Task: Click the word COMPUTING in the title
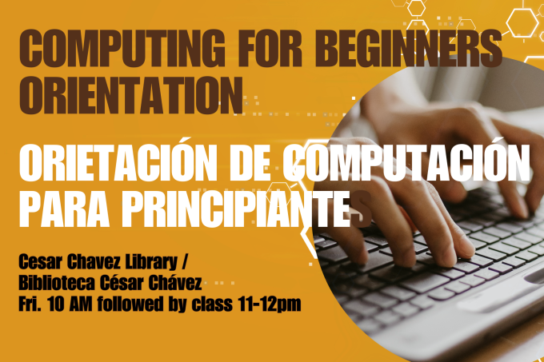pos(122,49)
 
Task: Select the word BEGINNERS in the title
pos(408,49)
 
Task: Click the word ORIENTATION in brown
pos(130,95)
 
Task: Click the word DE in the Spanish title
pos(249,162)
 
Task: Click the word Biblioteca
pos(57,283)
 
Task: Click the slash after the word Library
pos(184,263)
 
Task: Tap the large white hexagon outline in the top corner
pos(522,23)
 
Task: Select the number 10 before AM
pos(56,304)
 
